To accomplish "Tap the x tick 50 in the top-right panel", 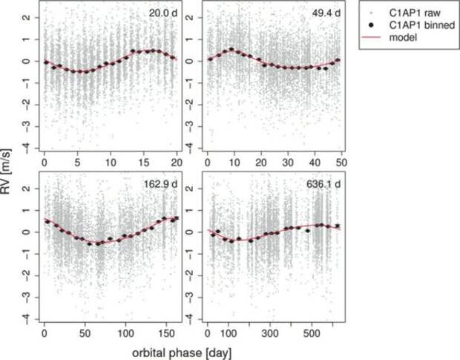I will point(341,162).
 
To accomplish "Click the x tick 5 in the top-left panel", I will point(78,162).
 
